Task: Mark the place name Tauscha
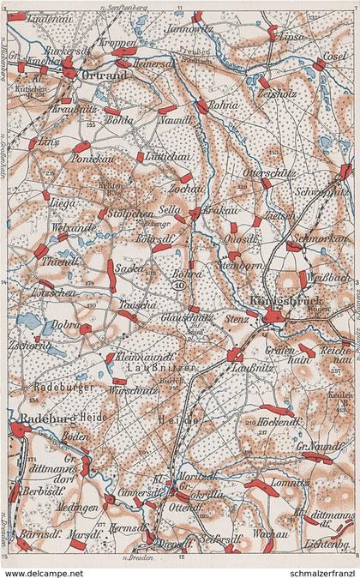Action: click(x=136, y=304)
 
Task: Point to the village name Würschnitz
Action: click(x=129, y=389)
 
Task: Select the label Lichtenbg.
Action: click(x=333, y=546)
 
